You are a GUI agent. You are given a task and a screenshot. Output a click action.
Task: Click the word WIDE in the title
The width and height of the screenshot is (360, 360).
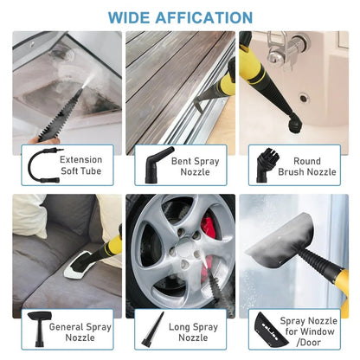[132, 17]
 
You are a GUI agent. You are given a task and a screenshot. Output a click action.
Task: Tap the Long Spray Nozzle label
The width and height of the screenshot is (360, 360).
[193, 333]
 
